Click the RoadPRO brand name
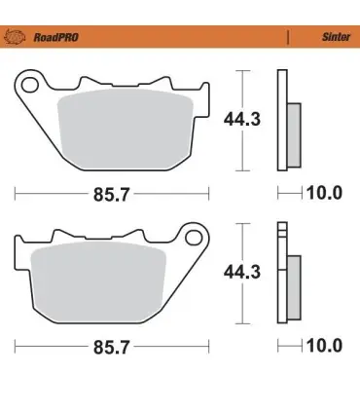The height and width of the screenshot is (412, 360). (x=56, y=37)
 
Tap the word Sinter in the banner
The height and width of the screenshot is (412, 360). (x=336, y=37)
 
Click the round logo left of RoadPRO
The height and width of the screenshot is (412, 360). (x=15, y=37)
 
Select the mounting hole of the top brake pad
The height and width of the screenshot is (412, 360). (x=29, y=85)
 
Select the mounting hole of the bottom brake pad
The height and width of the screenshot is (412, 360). (x=194, y=238)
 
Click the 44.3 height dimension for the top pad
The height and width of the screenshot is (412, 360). (x=242, y=119)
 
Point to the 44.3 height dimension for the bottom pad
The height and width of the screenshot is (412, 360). (x=242, y=272)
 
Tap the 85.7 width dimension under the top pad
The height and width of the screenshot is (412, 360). (x=111, y=195)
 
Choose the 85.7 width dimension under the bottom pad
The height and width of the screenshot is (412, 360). (x=111, y=347)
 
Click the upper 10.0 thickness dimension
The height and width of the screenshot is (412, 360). (x=324, y=193)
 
